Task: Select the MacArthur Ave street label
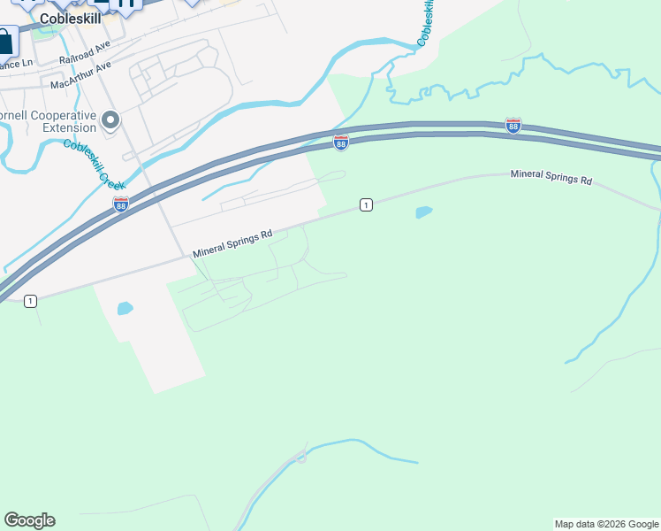pos(81,76)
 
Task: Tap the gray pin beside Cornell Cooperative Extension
pos(110,119)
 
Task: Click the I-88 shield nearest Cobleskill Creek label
pos(121,204)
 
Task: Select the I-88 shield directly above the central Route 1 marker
pos(341,142)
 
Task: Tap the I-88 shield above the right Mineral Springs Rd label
pos(513,125)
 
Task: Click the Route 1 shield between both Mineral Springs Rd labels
pos(366,205)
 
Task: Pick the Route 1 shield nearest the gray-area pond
pos(31,301)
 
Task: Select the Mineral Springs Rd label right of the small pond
pos(551,177)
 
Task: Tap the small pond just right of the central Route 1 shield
pos(424,212)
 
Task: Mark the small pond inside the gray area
pos(125,309)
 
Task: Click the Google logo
pos(29,520)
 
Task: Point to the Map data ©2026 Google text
pos(606,524)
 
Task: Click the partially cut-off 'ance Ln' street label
pos(16,65)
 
